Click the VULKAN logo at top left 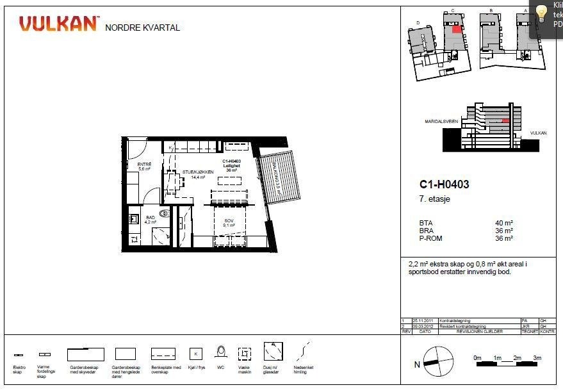59,24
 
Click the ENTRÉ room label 144,166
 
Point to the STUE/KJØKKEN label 193,173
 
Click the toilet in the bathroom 165,214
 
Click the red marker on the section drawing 505,120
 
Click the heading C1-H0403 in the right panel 443,185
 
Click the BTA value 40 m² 504,224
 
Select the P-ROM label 430,239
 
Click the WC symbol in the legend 221,352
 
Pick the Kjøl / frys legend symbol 197,353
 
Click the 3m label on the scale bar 537,357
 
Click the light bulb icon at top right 542,12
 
